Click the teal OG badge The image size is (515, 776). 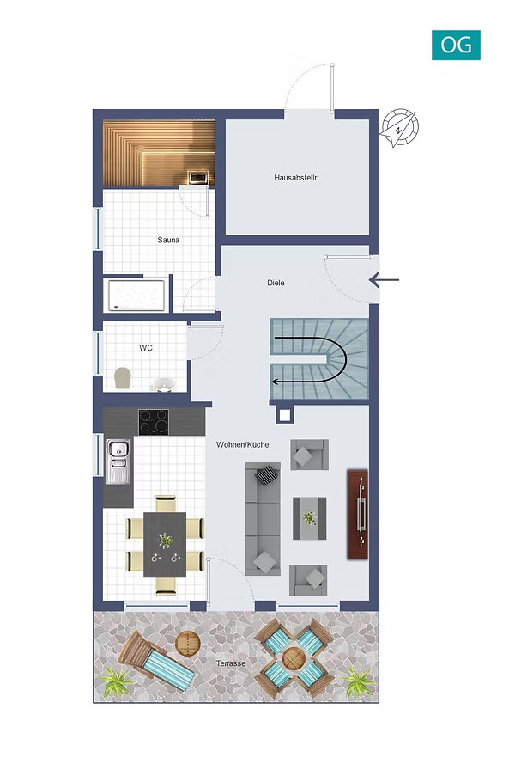(x=456, y=45)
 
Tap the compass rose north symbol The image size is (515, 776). (x=399, y=128)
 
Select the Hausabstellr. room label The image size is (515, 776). (x=296, y=177)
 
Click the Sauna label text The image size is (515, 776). (x=168, y=240)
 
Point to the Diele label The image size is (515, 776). (x=276, y=283)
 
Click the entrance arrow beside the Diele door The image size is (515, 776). (x=384, y=279)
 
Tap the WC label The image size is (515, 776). (x=146, y=348)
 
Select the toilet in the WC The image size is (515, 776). (x=122, y=378)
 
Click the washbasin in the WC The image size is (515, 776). (x=162, y=384)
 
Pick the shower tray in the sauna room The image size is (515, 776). (x=137, y=295)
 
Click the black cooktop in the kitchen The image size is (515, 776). (x=154, y=422)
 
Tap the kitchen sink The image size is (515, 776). (x=118, y=461)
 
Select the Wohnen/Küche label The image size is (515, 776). (x=243, y=444)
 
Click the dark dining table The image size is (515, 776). (x=165, y=544)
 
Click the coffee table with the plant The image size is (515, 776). (x=309, y=518)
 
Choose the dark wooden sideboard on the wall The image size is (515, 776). (x=357, y=515)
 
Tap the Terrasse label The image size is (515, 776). (x=231, y=663)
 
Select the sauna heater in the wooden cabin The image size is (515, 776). (x=197, y=178)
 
